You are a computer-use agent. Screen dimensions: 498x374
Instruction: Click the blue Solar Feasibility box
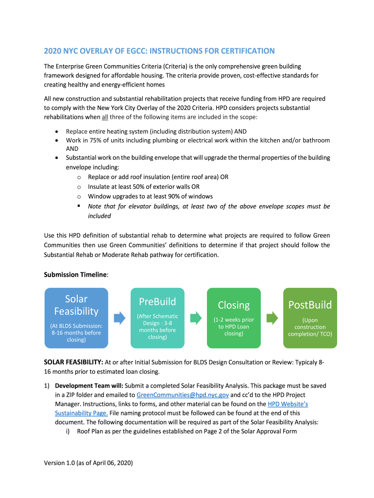tap(76, 318)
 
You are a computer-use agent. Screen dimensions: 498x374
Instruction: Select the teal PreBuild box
tap(157, 318)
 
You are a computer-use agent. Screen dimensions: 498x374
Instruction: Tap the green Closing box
tap(234, 318)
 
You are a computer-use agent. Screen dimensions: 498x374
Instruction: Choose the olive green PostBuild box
tap(310, 318)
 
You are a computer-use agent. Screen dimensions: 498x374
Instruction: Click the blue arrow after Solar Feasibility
tap(119, 318)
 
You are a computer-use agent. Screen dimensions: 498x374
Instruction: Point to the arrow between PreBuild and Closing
tap(196, 318)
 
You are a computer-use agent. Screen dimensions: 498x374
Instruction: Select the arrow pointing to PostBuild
tap(272, 318)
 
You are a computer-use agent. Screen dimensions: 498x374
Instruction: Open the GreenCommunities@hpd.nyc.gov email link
tap(183, 395)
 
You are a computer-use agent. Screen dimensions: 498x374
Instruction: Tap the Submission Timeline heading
tap(75, 275)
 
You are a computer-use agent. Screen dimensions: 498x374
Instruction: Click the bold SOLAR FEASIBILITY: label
tap(73, 362)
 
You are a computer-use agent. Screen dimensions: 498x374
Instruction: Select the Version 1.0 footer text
tap(88, 463)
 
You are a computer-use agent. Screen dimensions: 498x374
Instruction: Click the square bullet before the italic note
tap(78, 206)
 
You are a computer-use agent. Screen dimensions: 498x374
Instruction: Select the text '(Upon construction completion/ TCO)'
tap(310, 327)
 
